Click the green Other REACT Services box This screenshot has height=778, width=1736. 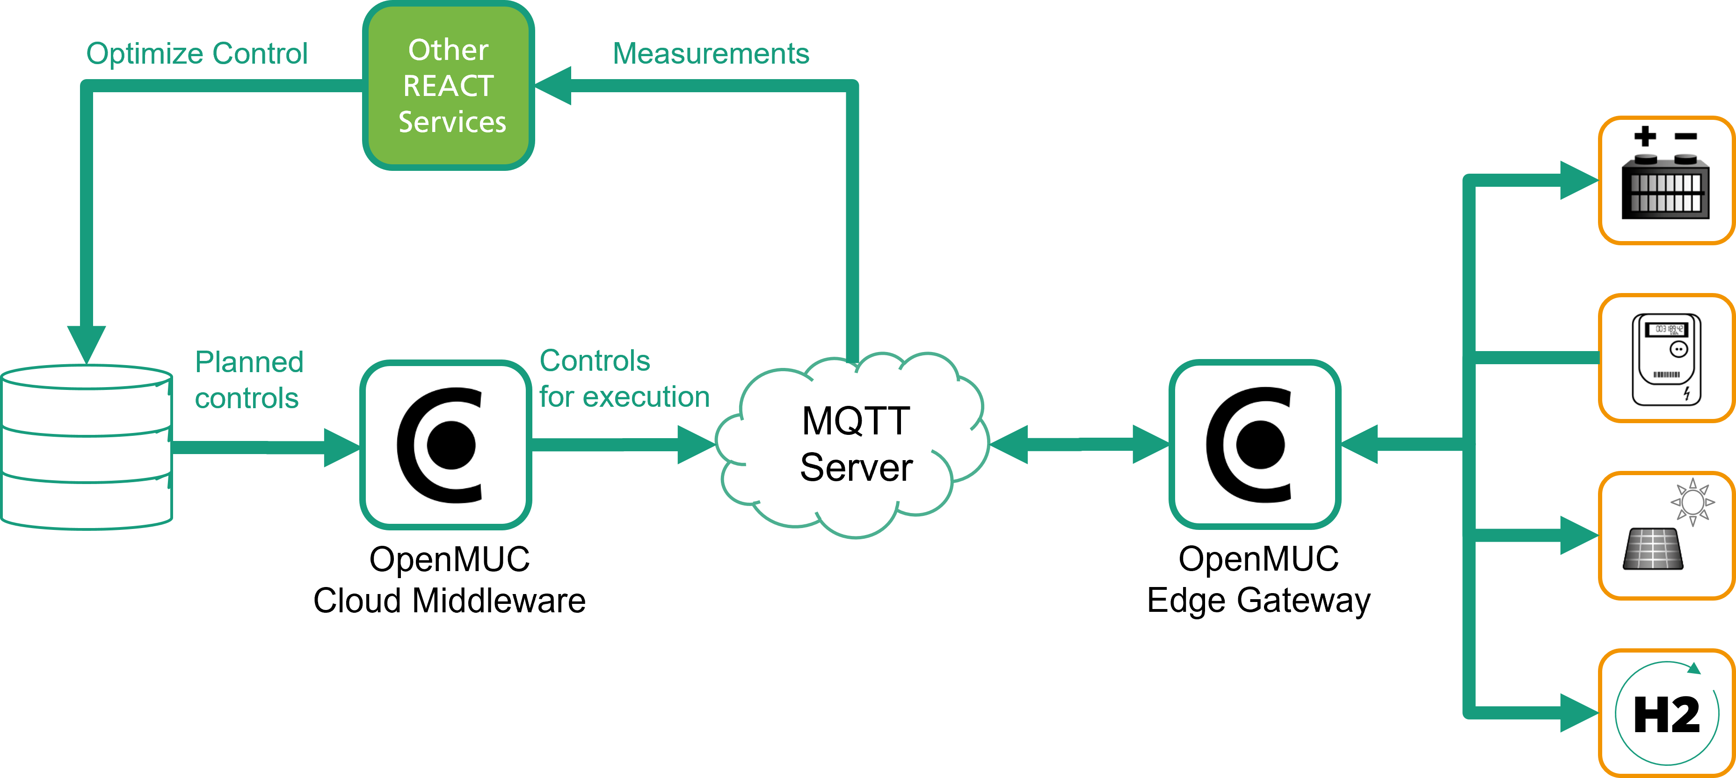pyautogui.click(x=448, y=86)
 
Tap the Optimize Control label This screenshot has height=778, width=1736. pyautogui.click(x=197, y=54)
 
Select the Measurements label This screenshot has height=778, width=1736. pyautogui.click(x=711, y=54)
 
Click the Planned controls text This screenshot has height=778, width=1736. pyautogui.click(x=249, y=380)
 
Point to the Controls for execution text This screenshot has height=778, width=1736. pyautogui.click(x=624, y=379)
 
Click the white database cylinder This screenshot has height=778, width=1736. pyautogui.click(x=86, y=447)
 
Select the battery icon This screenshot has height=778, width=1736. pyautogui.click(x=1665, y=187)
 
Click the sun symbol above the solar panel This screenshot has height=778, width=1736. pyautogui.click(x=1692, y=502)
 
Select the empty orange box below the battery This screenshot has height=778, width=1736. pyautogui.click(x=1666, y=358)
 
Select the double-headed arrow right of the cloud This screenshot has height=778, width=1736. pyautogui.click(x=1079, y=444)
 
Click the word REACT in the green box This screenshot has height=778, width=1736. pyautogui.click(x=448, y=86)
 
